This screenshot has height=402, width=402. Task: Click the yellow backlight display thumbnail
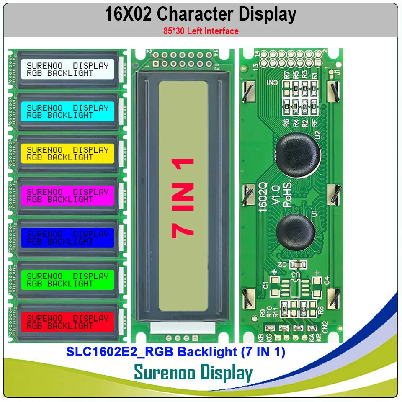[x=67, y=153]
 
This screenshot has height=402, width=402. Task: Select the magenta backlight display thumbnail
[x=67, y=196]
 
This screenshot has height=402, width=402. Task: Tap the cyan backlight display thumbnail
[x=67, y=111]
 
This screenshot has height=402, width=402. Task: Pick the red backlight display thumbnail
[x=67, y=322]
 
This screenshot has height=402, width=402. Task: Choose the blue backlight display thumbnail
[x=67, y=237]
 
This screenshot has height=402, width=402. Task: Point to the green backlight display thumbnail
[x=67, y=280]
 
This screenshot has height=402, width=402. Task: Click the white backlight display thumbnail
[x=67, y=69]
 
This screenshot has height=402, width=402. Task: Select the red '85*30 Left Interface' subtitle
[x=201, y=31]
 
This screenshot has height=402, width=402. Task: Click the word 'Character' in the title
[x=196, y=14]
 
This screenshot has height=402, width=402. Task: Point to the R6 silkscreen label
[x=286, y=122]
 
